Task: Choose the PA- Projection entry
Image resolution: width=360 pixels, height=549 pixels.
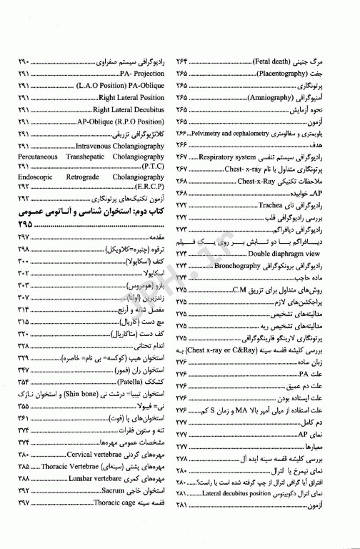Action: (x=142, y=74)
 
